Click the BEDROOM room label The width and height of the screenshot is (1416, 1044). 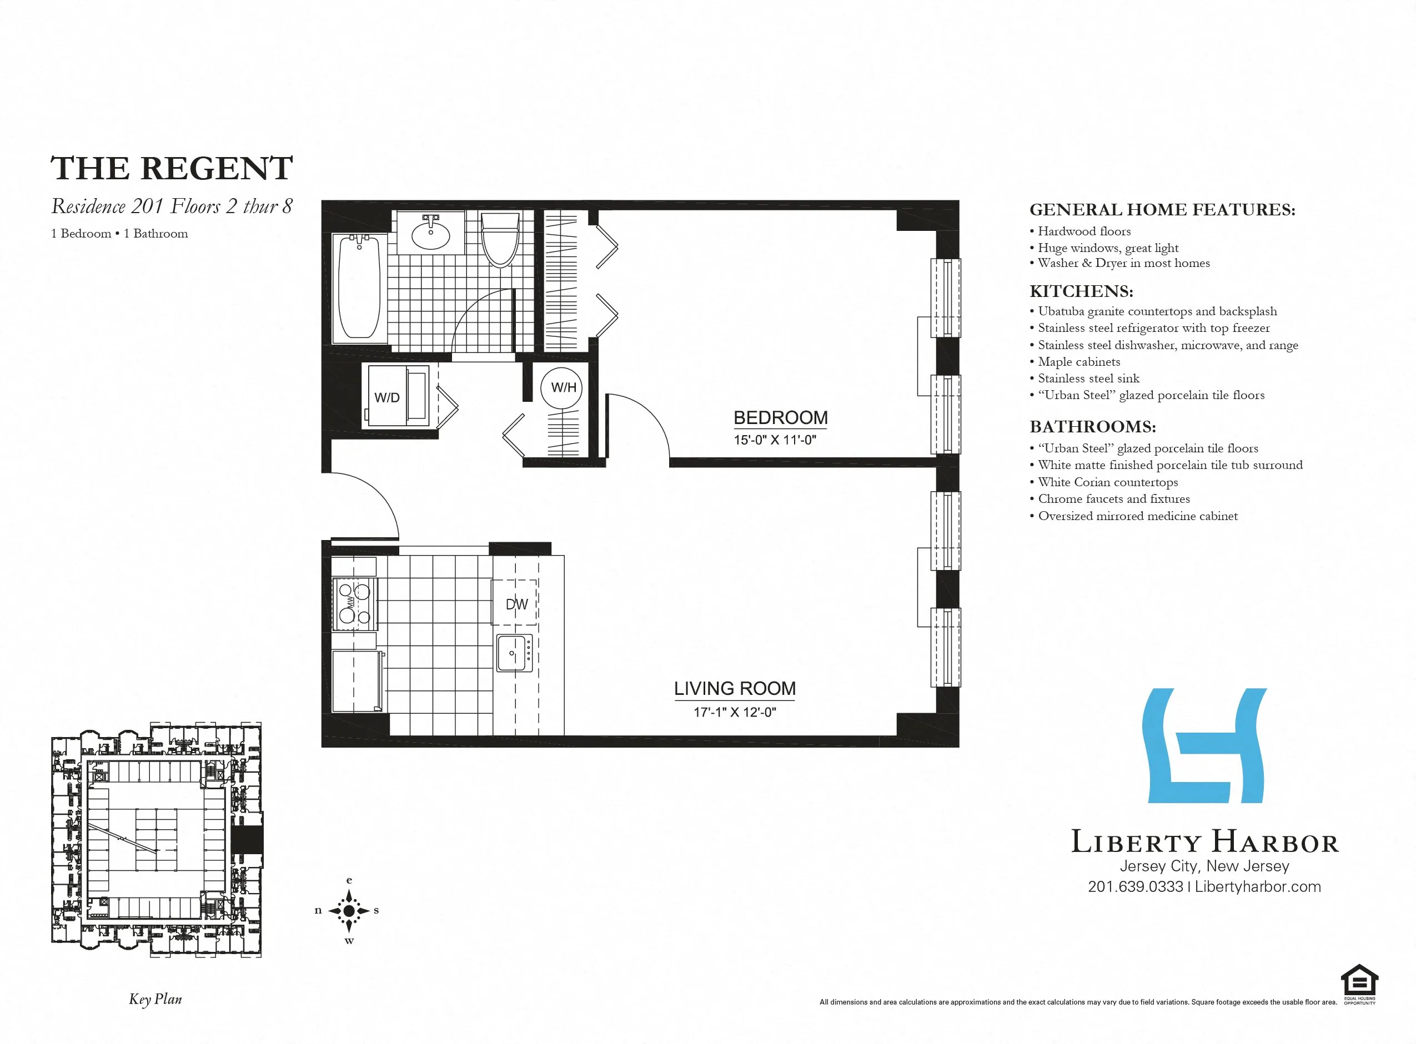pos(780,418)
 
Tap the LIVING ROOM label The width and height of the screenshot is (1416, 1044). pos(735,688)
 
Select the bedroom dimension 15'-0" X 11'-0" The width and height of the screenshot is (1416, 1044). pos(775,440)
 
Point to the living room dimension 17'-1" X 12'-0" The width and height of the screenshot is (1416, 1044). pos(735,712)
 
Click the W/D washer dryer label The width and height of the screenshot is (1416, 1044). pos(386,397)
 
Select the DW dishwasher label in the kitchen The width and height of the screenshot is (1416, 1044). pos(516,604)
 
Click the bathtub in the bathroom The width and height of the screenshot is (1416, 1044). pos(359,288)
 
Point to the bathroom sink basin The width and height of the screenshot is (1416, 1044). pos(430,234)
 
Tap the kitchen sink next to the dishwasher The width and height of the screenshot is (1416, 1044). pos(514,653)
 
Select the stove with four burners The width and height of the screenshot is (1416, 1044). pos(354,603)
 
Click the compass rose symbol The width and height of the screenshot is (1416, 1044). pos(349,911)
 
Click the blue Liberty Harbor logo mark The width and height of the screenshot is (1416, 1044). pos(1204,746)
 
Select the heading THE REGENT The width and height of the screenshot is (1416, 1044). pos(172,168)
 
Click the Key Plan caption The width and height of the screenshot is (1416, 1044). pos(155,999)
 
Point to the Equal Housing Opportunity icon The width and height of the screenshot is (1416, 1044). pos(1359,984)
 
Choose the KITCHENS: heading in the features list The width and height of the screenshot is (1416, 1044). pos(1081,291)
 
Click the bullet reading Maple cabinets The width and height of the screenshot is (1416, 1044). pos(1078,361)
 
